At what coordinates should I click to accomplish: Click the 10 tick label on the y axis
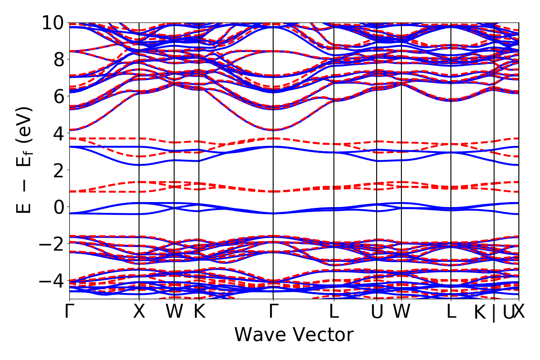[54, 23]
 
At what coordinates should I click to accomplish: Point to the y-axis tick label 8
[58, 59]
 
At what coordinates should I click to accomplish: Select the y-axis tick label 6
[58, 96]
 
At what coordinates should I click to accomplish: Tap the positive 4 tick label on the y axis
[58, 133]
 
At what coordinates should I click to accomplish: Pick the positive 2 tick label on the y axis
[58, 170]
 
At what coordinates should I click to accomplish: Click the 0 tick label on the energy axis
[58, 207]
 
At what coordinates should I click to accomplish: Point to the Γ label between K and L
[273, 312]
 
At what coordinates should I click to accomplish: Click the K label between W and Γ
[199, 312]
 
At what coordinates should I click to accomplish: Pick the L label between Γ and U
[333, 312]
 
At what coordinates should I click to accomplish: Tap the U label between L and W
[377, 312]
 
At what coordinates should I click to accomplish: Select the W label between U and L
[401, 312]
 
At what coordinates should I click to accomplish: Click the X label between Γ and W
[139, 312]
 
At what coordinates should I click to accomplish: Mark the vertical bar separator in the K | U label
[494, 313]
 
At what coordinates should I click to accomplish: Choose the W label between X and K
[174, 312]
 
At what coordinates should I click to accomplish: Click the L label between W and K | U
[451, 312]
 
